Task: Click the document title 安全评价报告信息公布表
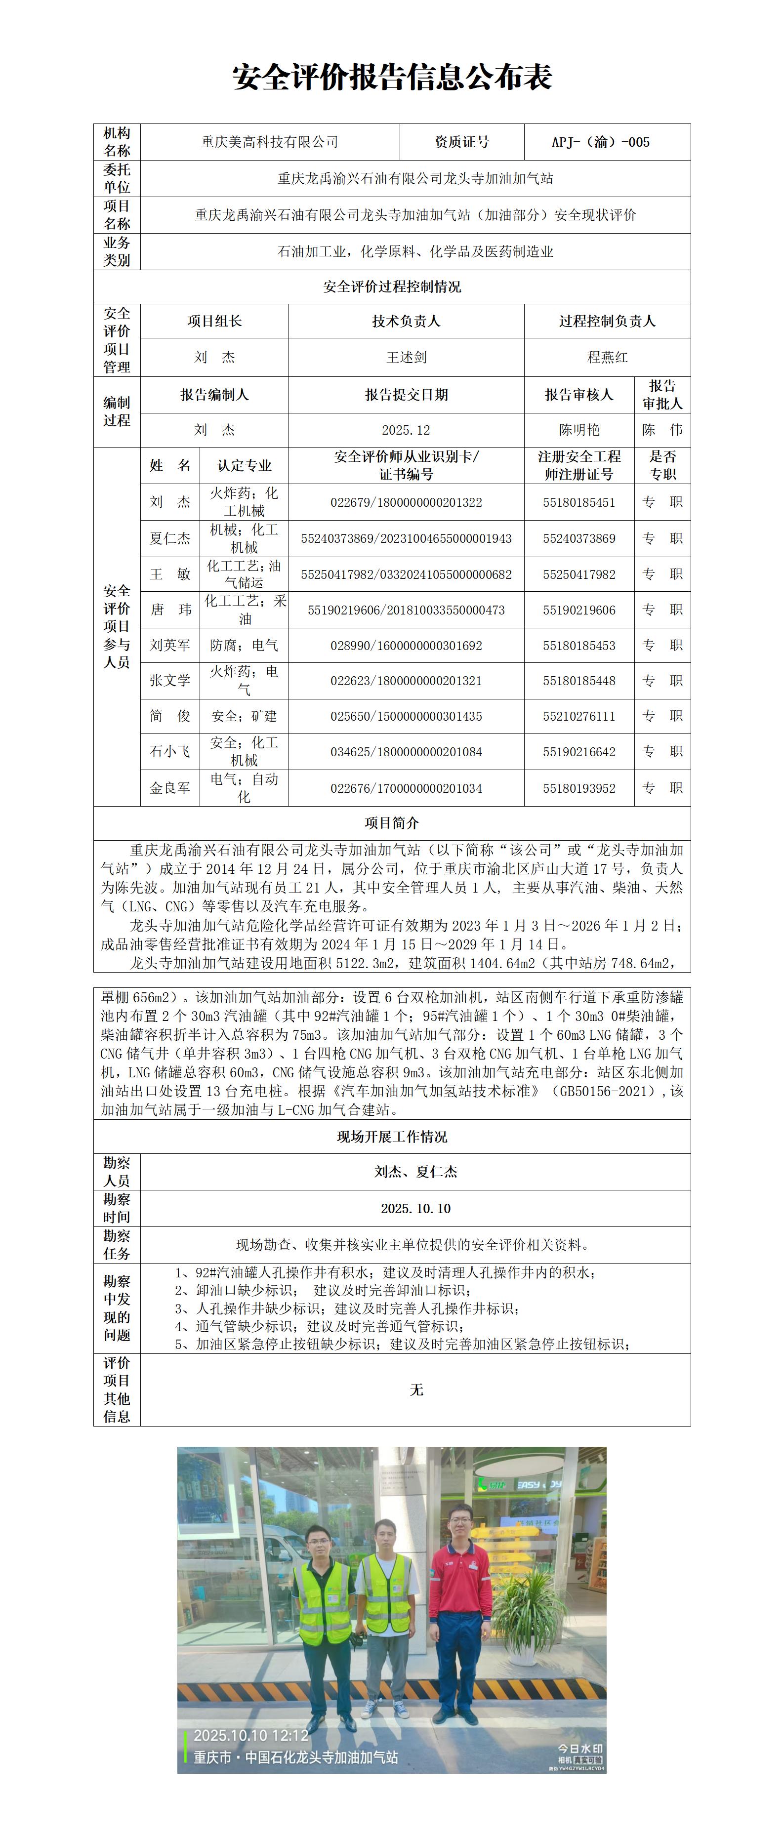point(392,78)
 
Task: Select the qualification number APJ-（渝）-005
point(600,142)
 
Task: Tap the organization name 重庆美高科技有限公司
point(269,142)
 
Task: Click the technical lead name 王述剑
point(406,357)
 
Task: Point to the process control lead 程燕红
point(607,357)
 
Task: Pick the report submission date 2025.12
point(406,430)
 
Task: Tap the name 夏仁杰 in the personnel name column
point(169,538)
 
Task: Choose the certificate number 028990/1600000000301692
point(406,646)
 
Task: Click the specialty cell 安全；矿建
point(244,716)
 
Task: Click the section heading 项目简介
point(392,823)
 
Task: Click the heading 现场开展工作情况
point(392,1137)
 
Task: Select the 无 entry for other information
point(416,1389)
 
